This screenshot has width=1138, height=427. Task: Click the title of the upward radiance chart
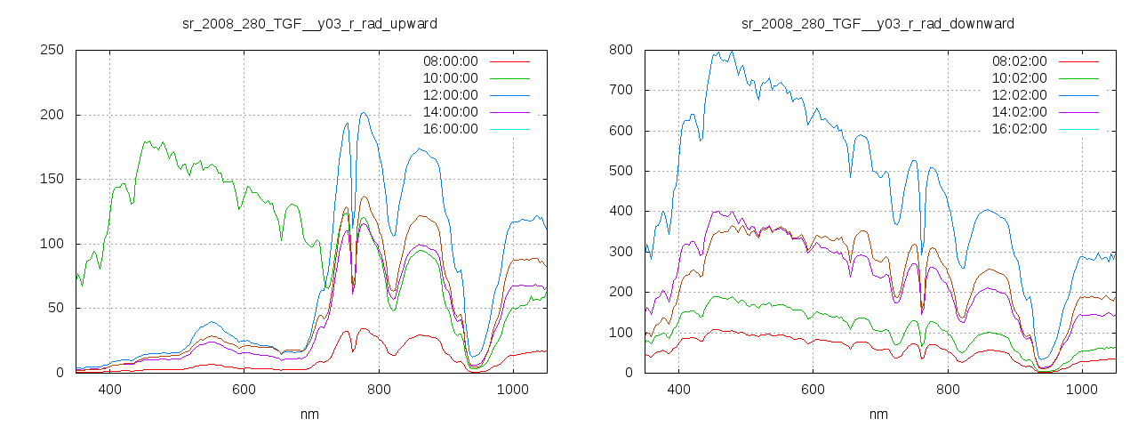tap(309, 23)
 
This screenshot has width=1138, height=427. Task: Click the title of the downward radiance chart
tap(878, 23)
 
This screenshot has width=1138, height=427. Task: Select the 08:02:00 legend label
tap(1018, 61)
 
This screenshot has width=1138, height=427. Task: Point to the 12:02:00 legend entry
tap(1018, 95)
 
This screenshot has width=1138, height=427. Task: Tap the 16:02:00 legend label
tap(1018, 129)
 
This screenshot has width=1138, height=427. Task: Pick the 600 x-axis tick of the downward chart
tap(813, 390)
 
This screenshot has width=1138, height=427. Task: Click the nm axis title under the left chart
tap(309, 414)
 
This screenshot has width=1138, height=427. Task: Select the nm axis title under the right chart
tap(878, 414)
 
